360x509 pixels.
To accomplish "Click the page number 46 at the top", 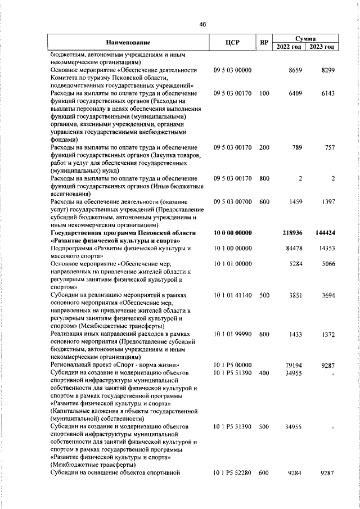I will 203,24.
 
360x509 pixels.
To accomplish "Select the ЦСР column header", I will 232,42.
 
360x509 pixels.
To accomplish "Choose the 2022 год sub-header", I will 289,47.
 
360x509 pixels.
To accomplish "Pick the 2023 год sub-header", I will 322,47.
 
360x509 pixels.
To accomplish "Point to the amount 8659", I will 295,70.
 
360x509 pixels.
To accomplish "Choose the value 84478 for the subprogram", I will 294,248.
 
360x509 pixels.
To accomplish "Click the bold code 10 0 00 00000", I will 232,232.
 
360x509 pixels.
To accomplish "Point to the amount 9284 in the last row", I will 295,473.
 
